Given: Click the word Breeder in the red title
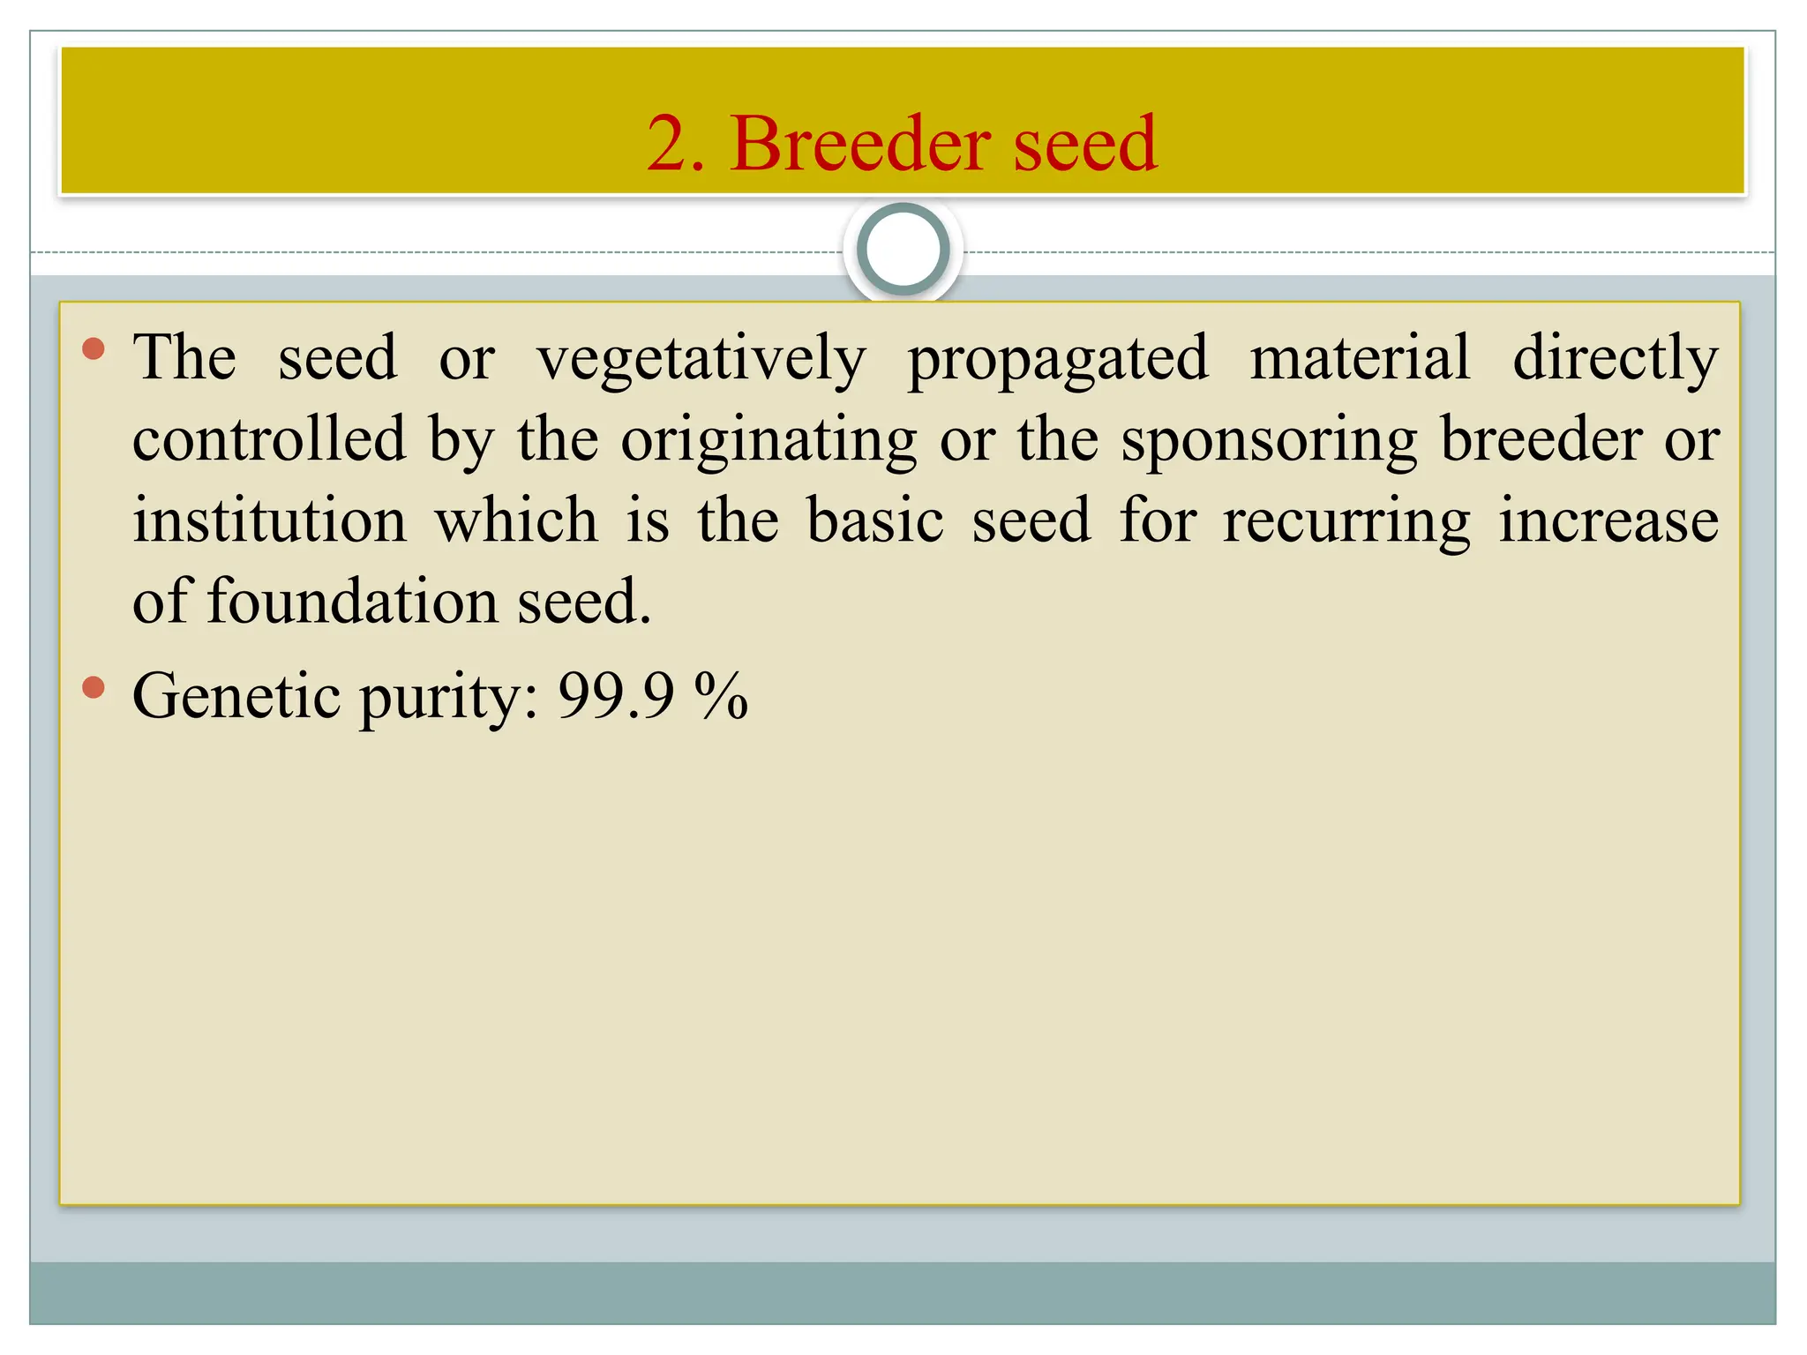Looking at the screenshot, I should (x=854, y=144).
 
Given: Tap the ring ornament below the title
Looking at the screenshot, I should (x=903, y=250).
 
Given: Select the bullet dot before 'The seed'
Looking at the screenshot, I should (x=93, y=349).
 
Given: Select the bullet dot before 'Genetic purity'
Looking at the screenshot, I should (x=93, y=687).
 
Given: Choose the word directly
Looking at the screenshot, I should (x=1616, y=360).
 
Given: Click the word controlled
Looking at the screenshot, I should (x=269, y=439).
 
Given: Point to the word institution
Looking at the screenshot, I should (x=270, y=520).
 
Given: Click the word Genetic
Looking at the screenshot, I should (x=236, y=696).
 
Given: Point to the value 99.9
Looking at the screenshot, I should (x=616, y=696).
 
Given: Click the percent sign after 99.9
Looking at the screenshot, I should (x=721, y=696).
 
